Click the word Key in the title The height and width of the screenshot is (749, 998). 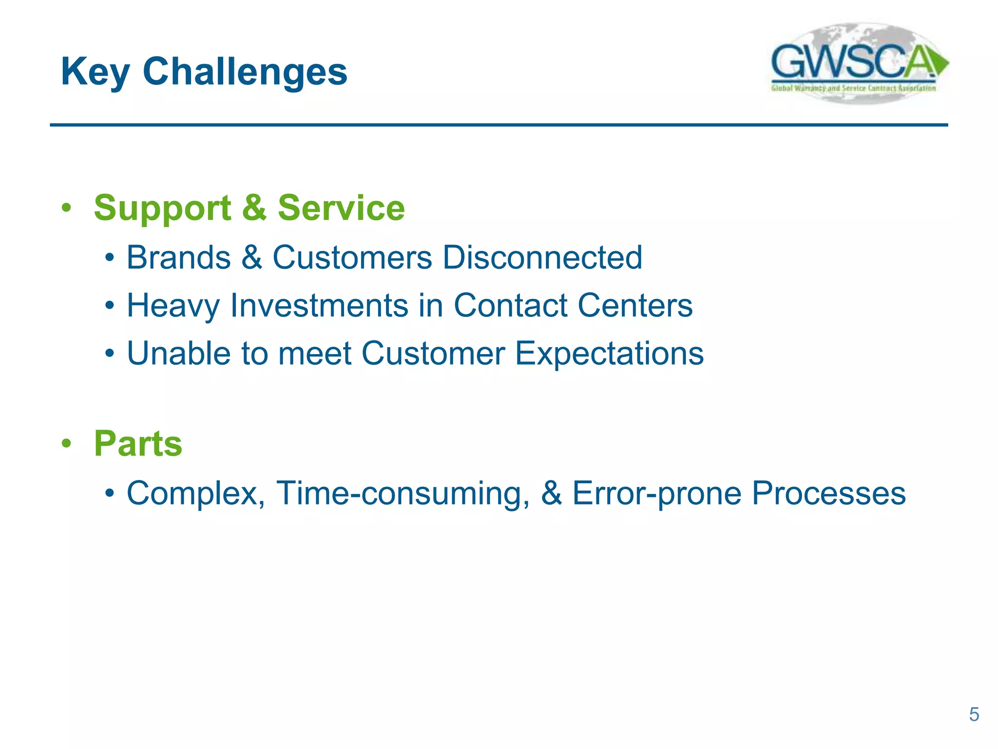(96, 72)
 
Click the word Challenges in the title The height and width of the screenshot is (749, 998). (245, 72)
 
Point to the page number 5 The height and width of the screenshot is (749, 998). (974, 714)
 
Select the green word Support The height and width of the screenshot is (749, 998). (162, 209)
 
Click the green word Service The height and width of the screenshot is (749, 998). (341, 208)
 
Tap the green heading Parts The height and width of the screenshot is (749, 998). (138, 444)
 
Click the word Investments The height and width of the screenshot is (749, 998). (319, 305)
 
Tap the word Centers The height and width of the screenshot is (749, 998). (635, 305)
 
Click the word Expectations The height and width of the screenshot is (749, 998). (609, 354)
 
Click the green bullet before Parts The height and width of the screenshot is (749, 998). (67, 444)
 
